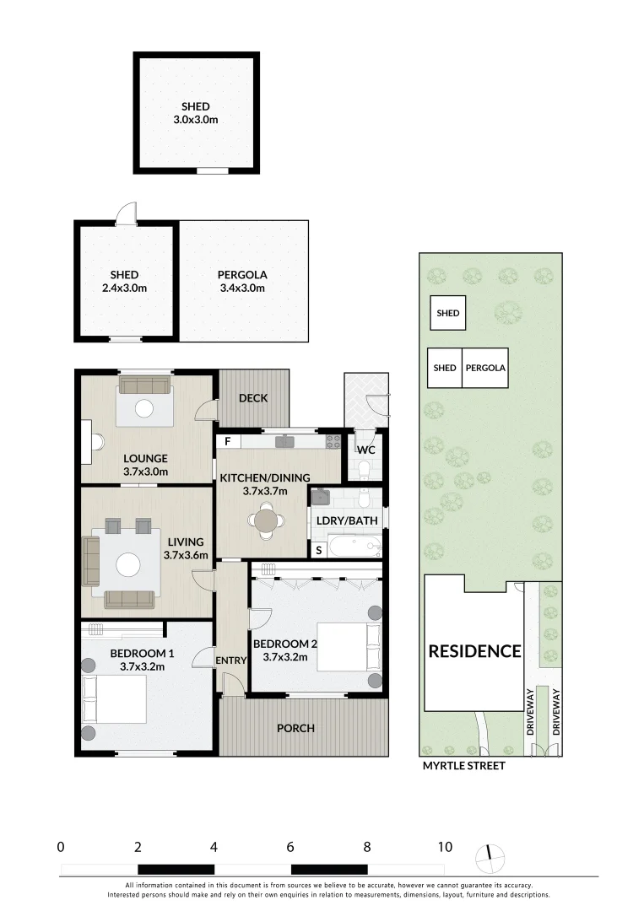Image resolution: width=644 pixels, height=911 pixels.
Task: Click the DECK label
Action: click(253, 398)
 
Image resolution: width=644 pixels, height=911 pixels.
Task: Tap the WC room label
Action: click(365, 450)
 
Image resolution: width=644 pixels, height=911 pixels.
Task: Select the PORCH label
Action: click(295, 728)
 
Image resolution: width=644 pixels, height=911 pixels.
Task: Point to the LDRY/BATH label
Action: click(347, 520)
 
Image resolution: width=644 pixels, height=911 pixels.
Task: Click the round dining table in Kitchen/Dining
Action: click(267, 520)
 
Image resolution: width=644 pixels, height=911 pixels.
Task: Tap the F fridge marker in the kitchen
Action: click(226, 441)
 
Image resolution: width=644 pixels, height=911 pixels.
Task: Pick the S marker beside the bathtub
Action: click(318, 550)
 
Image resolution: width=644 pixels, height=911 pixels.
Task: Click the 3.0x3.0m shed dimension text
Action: click(195, 120)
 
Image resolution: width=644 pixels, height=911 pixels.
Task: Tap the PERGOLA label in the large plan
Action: click(241, 275)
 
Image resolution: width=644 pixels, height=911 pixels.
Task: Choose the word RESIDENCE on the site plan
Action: click(474, 651)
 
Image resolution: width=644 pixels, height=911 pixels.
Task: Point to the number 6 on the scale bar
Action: click(290, 847)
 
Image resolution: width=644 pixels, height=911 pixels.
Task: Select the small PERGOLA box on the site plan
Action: click(485, 368)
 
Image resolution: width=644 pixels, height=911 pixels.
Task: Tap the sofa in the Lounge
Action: click(144, 385)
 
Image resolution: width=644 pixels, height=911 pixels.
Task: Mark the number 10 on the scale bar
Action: click(444, 847)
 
